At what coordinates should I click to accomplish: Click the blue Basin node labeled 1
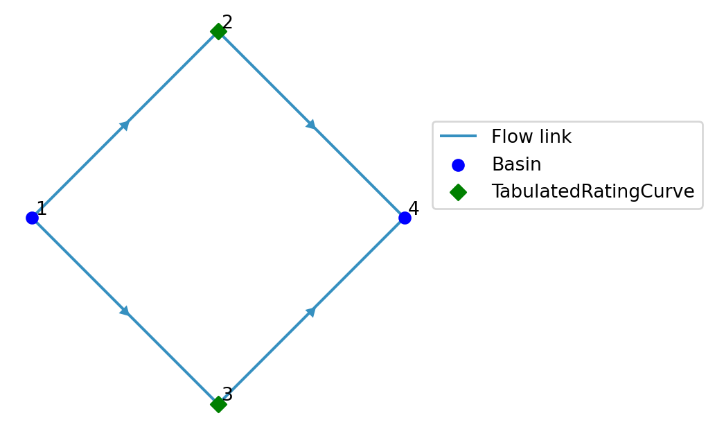coord(32,218)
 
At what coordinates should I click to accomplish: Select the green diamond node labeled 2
coord(218,31)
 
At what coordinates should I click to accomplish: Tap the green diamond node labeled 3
coord(218,404)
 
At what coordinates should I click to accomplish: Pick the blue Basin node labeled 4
coord(405,218)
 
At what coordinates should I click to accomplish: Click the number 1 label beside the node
coord(42,209)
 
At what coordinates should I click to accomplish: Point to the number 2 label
coord(227,22)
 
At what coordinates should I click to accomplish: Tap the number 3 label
coord(227,395)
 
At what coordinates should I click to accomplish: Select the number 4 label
coord(414,209)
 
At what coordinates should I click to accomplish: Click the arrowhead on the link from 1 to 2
coord(125,125)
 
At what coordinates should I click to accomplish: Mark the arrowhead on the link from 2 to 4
coord(312,125)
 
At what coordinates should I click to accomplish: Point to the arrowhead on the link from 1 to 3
coord(125,311)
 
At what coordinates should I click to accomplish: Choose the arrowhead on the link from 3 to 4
coord(312,311)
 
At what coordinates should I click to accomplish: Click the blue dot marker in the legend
coord(458,165)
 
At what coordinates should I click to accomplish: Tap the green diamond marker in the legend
coord(458,192)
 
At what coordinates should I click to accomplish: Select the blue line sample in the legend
coord(458,137)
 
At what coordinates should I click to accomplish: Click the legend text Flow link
coord(531,137)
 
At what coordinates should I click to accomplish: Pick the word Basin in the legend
coord(516,165)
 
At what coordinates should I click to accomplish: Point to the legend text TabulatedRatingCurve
coord(592,192)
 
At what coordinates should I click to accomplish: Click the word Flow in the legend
coord(510,137)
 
